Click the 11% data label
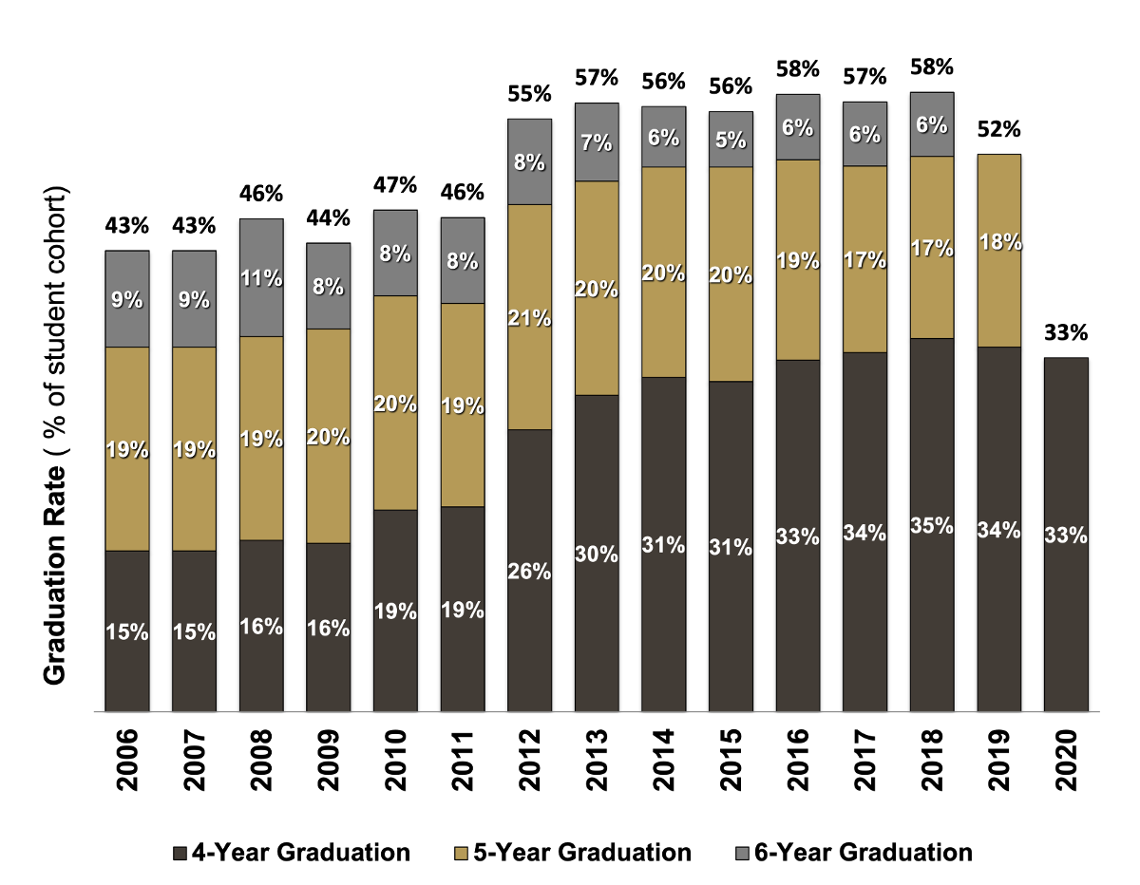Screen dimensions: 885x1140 tap(261, 278)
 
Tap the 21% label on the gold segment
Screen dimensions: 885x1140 tap(529, 318)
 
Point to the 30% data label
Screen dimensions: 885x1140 tap(597, 554)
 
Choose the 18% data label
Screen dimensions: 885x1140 tap(999, 242)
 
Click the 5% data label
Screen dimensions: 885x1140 tap(731, 141)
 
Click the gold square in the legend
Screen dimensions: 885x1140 tap(462, 854)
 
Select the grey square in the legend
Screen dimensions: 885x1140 tap(742, 854)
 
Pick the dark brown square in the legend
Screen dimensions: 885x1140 tap(180, 854)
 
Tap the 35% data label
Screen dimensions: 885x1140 tap(932, 525)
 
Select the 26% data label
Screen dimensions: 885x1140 tap(529, 572)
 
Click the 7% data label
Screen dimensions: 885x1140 tap(597, 143)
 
